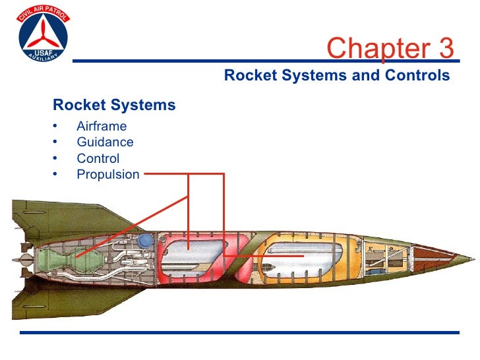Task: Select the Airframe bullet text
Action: [x=102, y=126]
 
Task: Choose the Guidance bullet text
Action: [x=105, y=142]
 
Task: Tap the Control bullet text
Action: [x=98, y=158]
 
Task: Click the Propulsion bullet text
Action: [x=108, y=175]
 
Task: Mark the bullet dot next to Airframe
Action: [x=55, y=126]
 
